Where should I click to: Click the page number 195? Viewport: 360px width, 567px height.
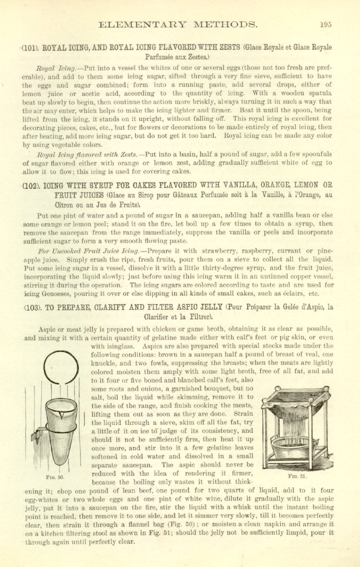[326, 24]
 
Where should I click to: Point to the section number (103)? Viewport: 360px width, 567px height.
[32, 308]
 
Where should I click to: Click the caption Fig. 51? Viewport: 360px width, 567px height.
[298, 476]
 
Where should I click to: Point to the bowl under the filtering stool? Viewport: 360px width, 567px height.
[296, 447]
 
